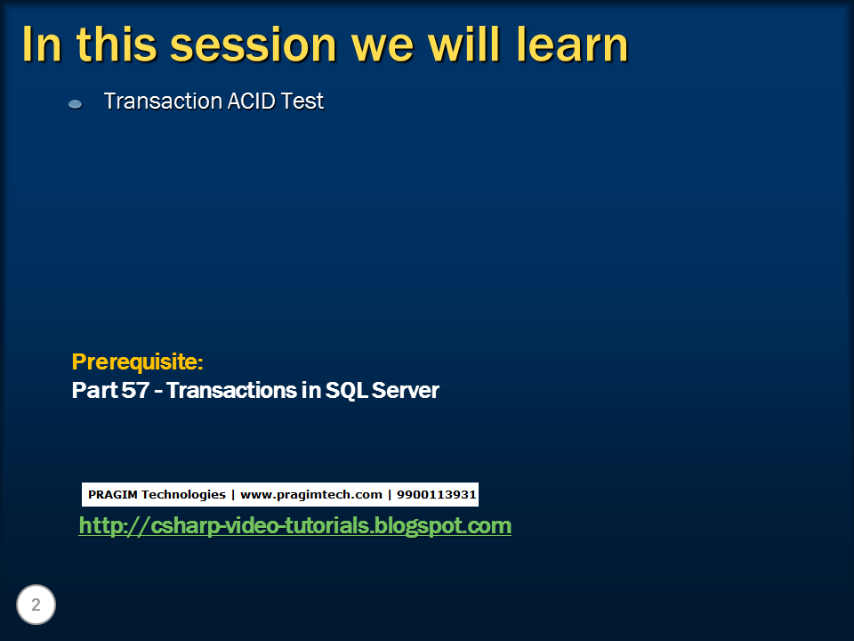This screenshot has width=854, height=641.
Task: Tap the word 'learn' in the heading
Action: coord(569,45)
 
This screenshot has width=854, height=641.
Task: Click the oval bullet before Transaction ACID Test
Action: coord(76,104)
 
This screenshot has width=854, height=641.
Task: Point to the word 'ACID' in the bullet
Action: coord(242,101)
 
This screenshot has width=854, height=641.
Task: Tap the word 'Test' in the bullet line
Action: coord(302,101)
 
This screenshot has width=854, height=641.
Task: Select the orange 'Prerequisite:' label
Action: coord(137,362)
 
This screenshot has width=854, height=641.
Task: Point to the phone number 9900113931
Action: coord(436,494)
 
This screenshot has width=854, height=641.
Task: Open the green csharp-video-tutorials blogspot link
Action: coord(294,526)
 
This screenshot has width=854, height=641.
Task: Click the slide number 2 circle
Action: coord(36,605)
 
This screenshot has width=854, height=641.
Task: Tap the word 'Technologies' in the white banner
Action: coord(184,494)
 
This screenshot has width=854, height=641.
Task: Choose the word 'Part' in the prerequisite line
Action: coord(92,390)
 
